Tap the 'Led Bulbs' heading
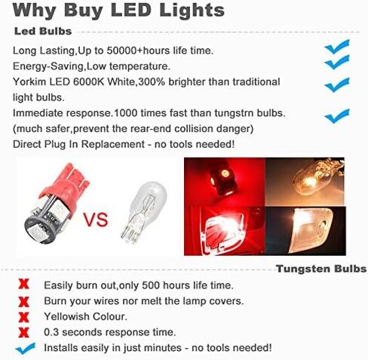[x=43, y=31]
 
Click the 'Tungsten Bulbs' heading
[x=321, y=269]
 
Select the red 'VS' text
[x=96, y=220]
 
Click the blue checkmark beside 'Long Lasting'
[x=337, y=47]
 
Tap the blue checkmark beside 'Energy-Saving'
[x=337, y=62]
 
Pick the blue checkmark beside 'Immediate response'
[x=337, y=115]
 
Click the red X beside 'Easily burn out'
[x=23, y=285]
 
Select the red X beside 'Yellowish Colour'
[x=23, y=317]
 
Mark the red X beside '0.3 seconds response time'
[x=23, y=333]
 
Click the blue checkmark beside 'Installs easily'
[x=25, y=349]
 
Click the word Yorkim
[x=29, y=82]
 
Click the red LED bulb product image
[x=57, y=204]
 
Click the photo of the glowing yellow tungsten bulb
[x=305, y=181]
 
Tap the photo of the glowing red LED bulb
[x=225, y=182]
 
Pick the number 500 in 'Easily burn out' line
[x=151, y=285]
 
